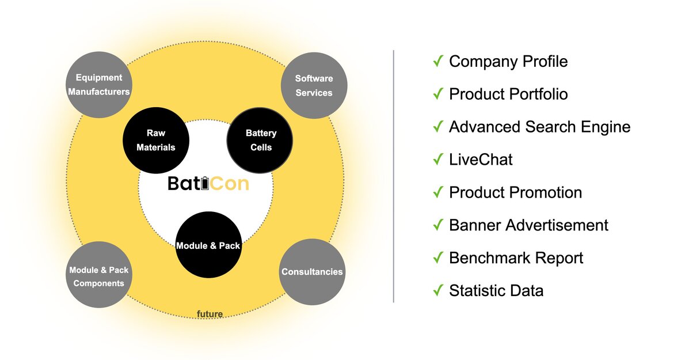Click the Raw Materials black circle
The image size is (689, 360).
pyautogui.click(x=156, y=140)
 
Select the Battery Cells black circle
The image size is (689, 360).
pyautogui.click(x=260, y=140)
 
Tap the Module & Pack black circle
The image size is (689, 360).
pyautogui.click(x=208, y=245)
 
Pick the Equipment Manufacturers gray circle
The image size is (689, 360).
pyautogui.click(x=99, y=85)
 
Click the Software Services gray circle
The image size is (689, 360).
pyautogui.click(x=314, y=85)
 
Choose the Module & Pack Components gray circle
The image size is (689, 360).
pyautogui.click(x=99, y=274)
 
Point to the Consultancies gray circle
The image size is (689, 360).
pyautogui.click(x=312, y=272)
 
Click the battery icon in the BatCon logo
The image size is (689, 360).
pyautogui.click(x=205, y=183)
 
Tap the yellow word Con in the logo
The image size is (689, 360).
pyautogui.click(x=229, y=183)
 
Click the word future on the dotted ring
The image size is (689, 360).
pyautogui.click(x=210, y=314)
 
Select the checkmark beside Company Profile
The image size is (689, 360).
pyautogui.click(x=438, y=60)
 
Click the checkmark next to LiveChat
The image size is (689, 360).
pyautogui.click(x=438, y=159)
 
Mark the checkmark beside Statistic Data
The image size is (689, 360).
pyautogui.click(x=438, y=290)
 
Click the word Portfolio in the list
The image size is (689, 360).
pyautogui.click(x=539, y=94)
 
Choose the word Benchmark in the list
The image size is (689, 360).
pyautogui.click(x=489, y=258)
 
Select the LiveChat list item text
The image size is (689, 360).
pyautogui.click(x=481, y=160)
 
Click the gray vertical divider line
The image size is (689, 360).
pyautogui.click(x=394, y=176)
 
